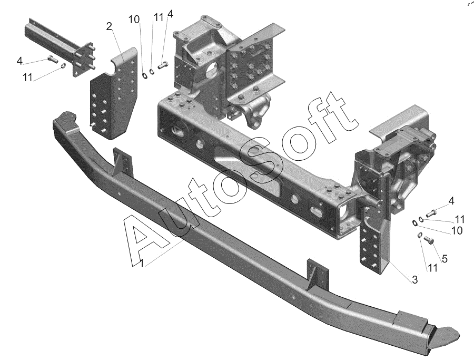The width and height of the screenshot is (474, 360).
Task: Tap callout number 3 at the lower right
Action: coord(415,280)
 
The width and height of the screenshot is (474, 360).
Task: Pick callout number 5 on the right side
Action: coord(445,258)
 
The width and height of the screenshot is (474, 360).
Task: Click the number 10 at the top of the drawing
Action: coord(134,20)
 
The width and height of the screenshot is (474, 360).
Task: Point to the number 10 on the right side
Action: coord(457,230)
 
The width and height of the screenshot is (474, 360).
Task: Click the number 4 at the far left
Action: coord(19,61)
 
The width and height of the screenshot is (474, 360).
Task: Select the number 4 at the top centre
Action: coord(170,14)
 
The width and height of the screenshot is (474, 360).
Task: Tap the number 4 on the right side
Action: coord(451,200)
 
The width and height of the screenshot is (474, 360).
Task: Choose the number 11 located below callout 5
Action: coord(432,267)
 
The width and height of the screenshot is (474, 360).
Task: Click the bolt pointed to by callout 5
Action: coord(428,241)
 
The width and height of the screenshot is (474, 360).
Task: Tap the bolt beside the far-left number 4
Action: coord(52,59)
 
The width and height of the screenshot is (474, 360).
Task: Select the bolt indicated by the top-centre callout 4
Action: coord(161,65)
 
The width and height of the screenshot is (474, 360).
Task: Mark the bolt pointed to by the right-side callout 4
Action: coord(431,213)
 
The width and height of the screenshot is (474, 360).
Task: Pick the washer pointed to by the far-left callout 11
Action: coord(63,66)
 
